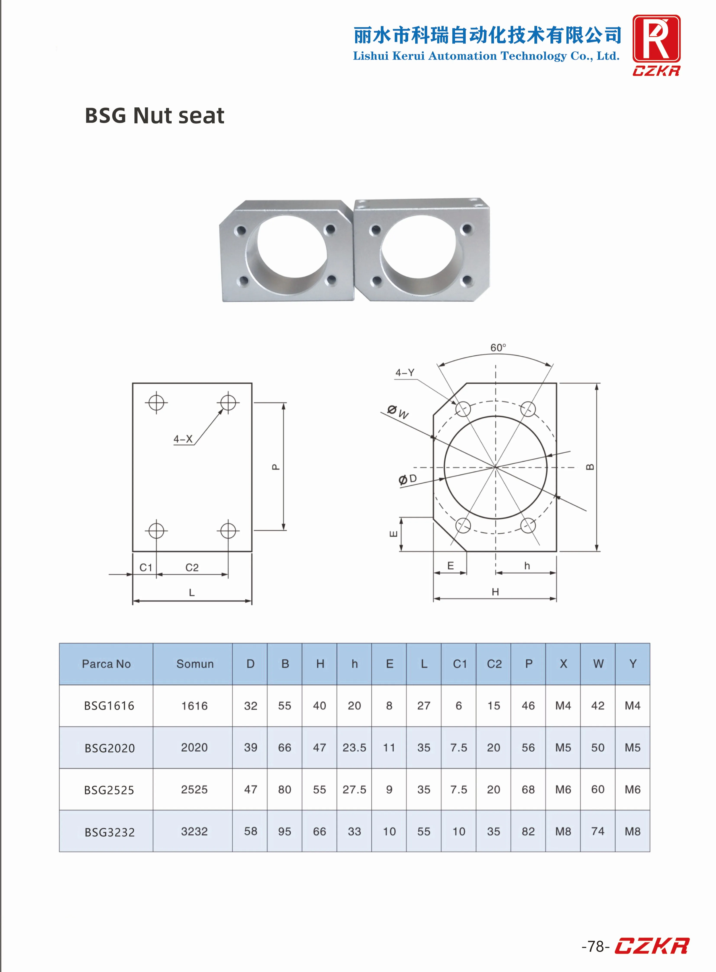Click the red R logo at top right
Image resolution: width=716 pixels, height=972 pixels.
pyautogui.click(x=656, y=39)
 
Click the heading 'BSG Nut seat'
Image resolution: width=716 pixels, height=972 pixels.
pyautogui.click(x=154, y=116)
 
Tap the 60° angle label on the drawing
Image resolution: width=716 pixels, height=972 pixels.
pyautogui.click(x=498, y=348)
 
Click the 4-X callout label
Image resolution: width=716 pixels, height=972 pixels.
pyautogui.click(x=183, y=439)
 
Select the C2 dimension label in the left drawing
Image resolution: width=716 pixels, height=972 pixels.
pyautogui.click(x=192, y=568)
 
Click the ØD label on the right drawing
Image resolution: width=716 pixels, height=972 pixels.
pyautogui.click(x=407, y=479)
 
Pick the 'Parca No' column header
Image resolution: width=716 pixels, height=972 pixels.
pyautogui.click(x=106, y=664)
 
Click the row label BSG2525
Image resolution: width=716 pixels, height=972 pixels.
pyautogui.click(x=109, y=790)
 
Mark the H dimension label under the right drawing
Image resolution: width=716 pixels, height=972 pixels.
pyautogui.click(x=495, y=592)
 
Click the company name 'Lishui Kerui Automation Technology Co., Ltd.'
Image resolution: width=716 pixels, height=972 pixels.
pyautogui.click(x=486, y=56)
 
